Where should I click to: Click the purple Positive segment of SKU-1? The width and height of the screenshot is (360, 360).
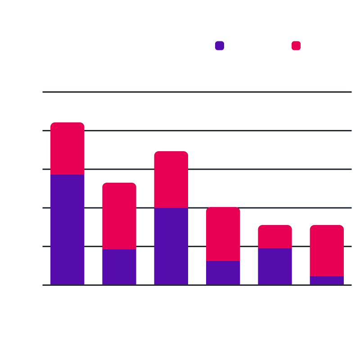[67, 229]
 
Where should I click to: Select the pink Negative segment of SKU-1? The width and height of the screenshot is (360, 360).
[67, 148]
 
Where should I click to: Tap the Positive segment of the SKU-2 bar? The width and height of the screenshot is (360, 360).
[119, 267]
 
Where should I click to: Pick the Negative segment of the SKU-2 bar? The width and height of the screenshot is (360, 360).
[119, 216]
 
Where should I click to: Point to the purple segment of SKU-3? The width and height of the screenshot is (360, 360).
[171, 246]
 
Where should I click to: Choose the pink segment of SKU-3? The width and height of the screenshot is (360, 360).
[171, 180]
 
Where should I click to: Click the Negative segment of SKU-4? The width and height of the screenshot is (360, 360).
[223, 234]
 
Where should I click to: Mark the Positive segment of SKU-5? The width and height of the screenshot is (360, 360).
[275, 266]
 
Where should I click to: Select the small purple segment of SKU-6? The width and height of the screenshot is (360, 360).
[327, 280]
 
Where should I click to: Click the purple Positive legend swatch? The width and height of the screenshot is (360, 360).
[220, 46]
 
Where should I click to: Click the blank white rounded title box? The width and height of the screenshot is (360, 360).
[54, 45]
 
